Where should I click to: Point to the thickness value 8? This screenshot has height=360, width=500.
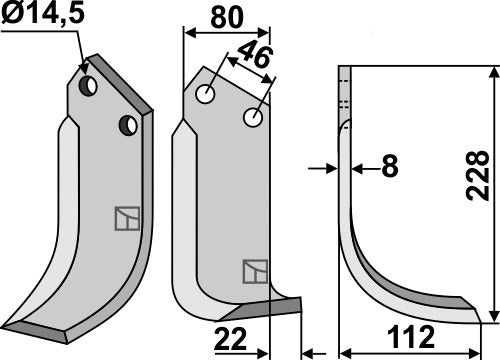click(389, 168)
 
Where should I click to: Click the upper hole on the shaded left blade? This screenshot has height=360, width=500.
click(89, 87)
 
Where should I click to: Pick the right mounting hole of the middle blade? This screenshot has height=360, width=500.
click(253, 119)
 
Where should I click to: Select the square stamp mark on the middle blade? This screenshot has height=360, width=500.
click(253, 271)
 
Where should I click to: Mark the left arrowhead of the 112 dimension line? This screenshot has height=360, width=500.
click(346, 352)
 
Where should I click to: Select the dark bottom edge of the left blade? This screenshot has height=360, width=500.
click(60, 328)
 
